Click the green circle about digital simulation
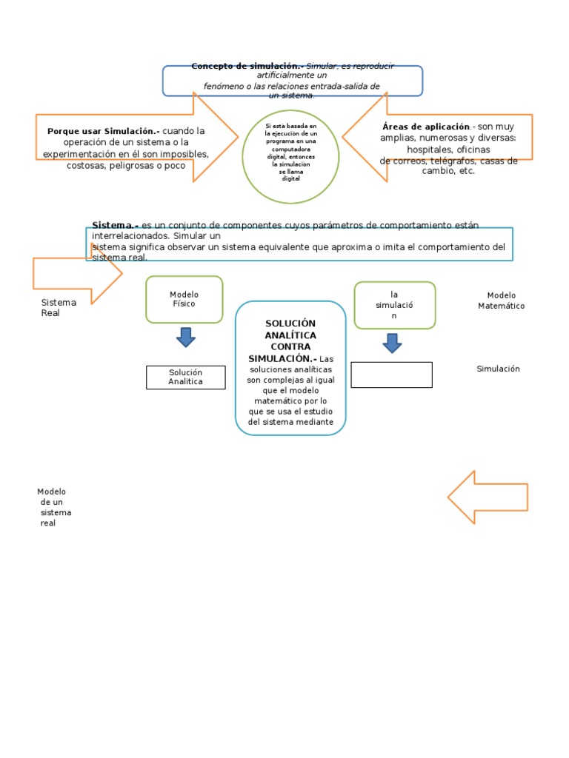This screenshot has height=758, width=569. (x=290, y=156)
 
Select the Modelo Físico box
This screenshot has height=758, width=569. (x=184, y=299)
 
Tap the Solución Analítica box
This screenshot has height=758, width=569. (x=185, y=377)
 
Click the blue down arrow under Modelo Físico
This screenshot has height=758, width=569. (x=186, y=337)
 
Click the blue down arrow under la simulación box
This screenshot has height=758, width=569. (x=393, y=343)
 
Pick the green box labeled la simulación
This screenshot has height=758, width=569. (x=394, y=305)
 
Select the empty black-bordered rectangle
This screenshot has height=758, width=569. (x=391, y=375)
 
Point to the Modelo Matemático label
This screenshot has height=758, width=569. (x=501, y=301)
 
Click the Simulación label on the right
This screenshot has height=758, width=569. (x=498, y=369)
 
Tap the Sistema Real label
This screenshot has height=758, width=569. (x=59, y=307)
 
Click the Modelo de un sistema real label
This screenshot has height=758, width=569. (x=53, y=507)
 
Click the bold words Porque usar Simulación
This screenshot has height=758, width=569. (x=103, y=131)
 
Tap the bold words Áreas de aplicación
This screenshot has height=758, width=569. (x=426, y=127)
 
